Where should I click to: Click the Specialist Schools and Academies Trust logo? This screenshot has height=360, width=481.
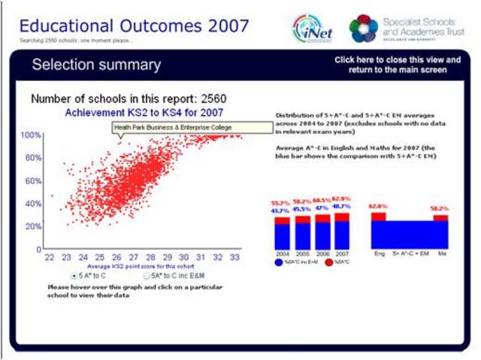coord(364,28)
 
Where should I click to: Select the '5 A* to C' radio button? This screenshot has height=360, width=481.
coord(74,276)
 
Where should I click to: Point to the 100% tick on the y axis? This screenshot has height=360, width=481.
coord(31,135)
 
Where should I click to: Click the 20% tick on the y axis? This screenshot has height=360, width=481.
coord(31,226)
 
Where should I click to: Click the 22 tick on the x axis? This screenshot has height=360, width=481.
coord(50,257)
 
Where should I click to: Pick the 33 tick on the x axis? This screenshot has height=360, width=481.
coord(234,257)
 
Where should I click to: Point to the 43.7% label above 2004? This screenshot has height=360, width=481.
coord(281,210)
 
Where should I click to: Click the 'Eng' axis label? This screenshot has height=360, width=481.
coord(379,254)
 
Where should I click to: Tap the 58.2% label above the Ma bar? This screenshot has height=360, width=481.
coord(440,207)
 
